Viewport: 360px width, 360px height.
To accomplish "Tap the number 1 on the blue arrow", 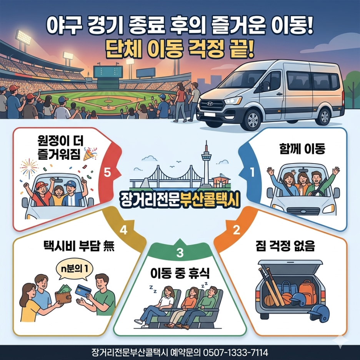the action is click(x=252, y=173).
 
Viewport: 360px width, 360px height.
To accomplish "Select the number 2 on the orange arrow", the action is click(x=237, y=230).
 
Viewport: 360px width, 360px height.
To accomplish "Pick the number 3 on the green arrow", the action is click(x=180, y=253).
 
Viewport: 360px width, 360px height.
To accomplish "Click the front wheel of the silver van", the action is click(x=253, y=120).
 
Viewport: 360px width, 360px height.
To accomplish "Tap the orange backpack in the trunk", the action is click(x=307, y=289).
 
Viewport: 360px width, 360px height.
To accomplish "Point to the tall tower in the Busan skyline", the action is click(x=206, y=162).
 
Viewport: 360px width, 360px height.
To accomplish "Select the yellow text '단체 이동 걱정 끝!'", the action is click(x=180, y=48).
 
